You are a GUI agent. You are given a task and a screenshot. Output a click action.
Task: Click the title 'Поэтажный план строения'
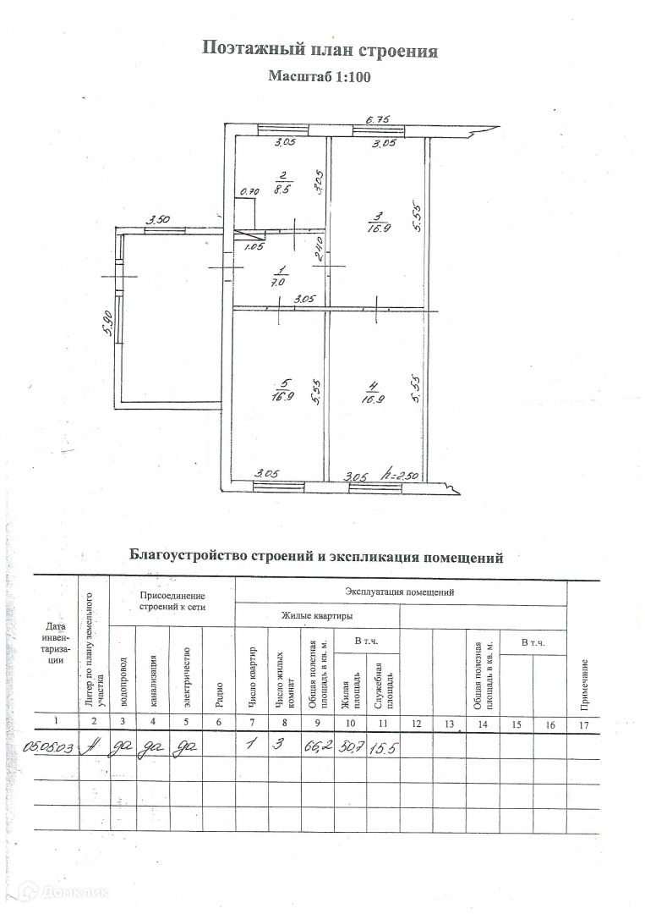[x=320, y=49]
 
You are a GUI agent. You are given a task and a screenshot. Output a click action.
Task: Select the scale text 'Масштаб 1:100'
[x=320, y=75]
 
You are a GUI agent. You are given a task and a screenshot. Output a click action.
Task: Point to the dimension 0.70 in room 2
[x=249, y=192]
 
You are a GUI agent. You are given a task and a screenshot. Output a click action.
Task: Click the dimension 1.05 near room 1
[x=254, y=248]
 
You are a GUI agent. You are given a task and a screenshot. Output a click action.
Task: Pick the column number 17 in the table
[x=582, y=722]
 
